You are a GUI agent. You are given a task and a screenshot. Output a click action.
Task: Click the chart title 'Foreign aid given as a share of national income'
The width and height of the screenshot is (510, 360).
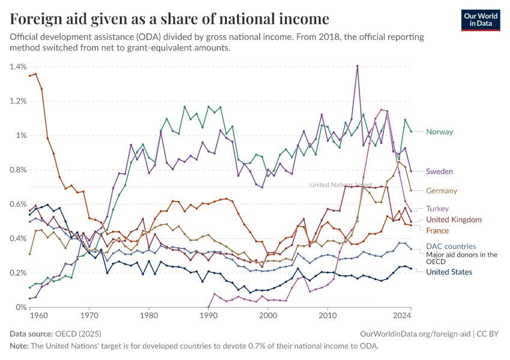pyautogui.click(x=169, y=19)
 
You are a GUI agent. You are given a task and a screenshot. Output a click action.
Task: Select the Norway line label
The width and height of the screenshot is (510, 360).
pyautogui.click(x=439, y=132)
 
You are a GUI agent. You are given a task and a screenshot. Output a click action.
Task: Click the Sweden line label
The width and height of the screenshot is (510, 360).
pyautogui.click(x=439, y=172)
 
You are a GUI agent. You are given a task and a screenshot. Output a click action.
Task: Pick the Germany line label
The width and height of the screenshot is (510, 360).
pyautogui.click(x=442, y=191)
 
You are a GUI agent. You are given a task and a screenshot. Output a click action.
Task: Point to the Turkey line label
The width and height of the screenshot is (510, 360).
pyautogui.click(x=437, y=209)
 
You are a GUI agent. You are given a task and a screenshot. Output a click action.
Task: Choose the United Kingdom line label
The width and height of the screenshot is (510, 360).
pyautogui.click(x=454, y=220)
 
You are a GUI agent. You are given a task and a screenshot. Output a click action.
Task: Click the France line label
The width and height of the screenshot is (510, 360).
pyautogui.click(x=437, y=231)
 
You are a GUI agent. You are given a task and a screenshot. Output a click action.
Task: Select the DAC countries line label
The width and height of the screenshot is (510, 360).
pyautogui.click(x=451, y=246)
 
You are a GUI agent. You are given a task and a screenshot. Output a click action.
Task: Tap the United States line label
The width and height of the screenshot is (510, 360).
pyautogui.click(x=449, y=272)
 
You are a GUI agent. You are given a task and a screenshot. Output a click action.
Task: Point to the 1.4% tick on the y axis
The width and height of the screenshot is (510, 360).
pyautogui.click(x=17, y=67)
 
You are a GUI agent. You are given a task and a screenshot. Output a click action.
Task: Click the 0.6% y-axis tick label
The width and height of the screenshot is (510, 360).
pyautogui.click(x=17, y=204)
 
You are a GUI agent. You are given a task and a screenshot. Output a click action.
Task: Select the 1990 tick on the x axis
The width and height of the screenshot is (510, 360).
pyautogui.click(x=208, y=314)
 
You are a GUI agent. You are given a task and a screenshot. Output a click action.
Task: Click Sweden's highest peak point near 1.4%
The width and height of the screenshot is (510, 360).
pyautogui.click(x=357, y=66)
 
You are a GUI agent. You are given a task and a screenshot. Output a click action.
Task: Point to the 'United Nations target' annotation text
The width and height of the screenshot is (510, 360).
pyautogui.click(x=340, y=185)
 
